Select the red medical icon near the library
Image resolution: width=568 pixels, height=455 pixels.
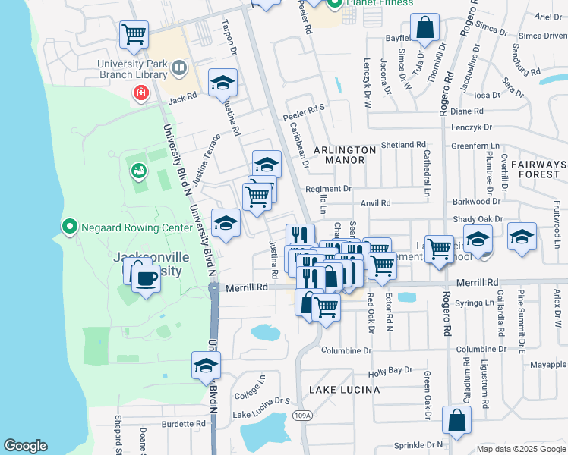[140, 93]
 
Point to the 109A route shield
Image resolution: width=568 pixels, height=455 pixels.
[302, 415]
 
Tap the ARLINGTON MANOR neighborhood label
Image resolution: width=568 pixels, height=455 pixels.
[339, 155]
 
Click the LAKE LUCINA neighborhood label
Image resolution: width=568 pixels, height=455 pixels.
[344, 389]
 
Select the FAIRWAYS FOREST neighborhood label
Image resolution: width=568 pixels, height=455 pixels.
[538, 169]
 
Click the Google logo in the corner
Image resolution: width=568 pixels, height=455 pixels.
[25, 446]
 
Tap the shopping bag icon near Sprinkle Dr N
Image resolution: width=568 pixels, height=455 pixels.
[456, 422]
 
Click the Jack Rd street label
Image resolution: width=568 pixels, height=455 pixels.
[182, 98]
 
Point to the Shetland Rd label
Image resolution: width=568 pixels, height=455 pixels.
[403, 144]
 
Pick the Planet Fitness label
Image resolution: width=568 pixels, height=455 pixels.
[379, 3]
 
